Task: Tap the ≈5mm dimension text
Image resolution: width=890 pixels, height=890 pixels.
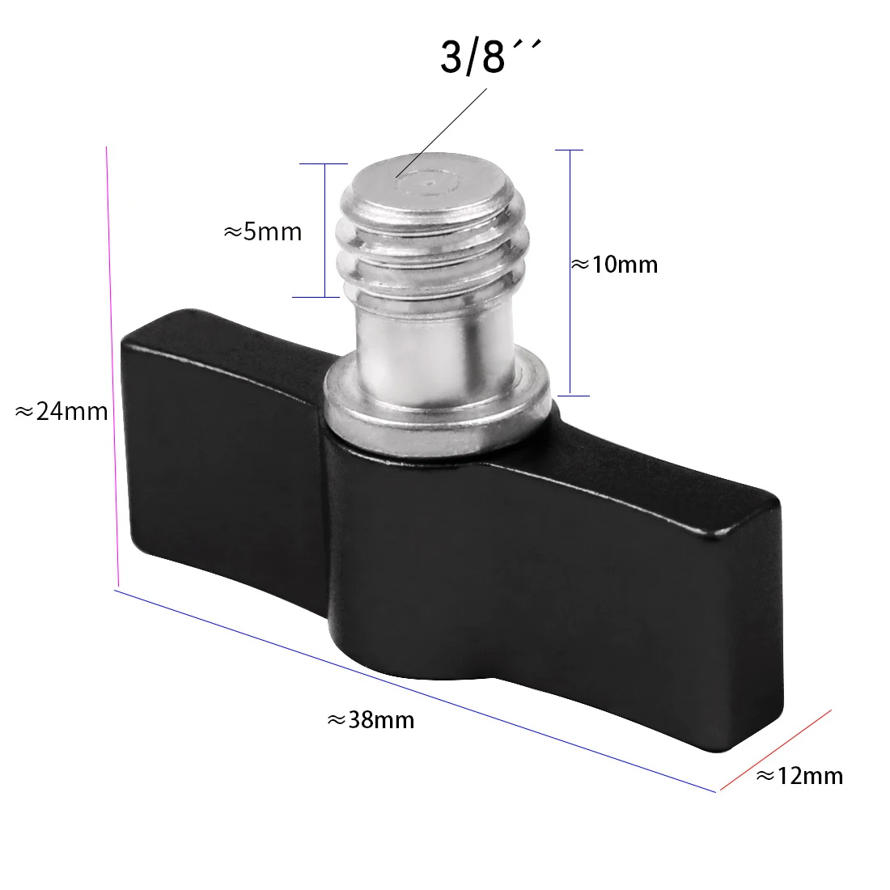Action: click(x=262, y=232)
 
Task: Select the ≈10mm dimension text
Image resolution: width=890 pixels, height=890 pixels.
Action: click(x=615, y=265)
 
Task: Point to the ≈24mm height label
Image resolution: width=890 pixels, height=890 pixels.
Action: click(x=61, y=412)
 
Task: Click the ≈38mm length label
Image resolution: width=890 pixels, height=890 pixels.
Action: click(x=371, y=719)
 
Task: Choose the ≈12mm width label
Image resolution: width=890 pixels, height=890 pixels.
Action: click(x=799, y=776)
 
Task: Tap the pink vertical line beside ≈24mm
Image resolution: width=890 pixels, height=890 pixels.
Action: click(x=112, y=364)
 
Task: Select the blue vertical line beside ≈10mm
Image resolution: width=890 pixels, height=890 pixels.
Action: click(x=570, y=273)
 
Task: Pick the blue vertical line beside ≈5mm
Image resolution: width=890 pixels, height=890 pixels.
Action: click(x=324, y=231)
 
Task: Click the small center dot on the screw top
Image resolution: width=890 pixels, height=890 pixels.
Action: click(x=428, y=184)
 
